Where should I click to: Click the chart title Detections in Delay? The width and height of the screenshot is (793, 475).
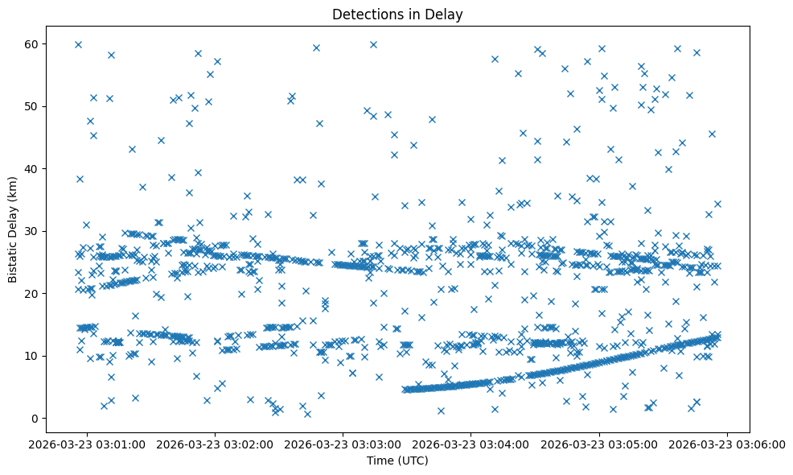point(397,14)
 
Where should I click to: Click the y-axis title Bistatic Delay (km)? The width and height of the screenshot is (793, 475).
point(13,230)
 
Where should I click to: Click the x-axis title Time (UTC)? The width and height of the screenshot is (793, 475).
point(397,461)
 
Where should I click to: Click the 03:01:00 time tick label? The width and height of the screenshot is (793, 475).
point(88,444)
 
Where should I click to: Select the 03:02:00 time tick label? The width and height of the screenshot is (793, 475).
point(216,444)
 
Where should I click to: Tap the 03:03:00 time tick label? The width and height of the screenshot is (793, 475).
point(343,444)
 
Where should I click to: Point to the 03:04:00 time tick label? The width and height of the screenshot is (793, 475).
point(471,444)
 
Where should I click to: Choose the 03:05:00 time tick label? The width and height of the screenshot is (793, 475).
point(599,444)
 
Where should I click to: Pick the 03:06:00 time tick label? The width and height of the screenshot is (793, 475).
point(727,444)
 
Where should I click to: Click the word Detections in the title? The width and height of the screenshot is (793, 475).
point(363,14)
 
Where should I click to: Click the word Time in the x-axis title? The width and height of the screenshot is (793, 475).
point(380,461)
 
